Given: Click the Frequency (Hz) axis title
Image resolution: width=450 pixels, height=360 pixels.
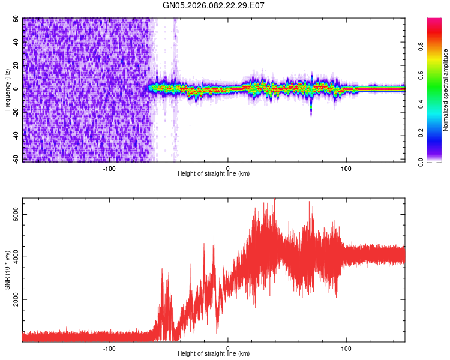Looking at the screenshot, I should [x=7, y=90].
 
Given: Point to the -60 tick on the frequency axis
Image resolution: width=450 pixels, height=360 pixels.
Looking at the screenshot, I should [x=15, y=160].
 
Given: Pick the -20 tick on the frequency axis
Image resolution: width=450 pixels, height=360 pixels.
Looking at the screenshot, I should [x=15, y=112].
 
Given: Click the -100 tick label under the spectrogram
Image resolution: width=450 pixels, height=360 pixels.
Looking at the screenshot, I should [x=109, y=168].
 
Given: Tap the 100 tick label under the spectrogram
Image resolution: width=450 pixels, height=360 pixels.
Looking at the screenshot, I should [x=346, y=168].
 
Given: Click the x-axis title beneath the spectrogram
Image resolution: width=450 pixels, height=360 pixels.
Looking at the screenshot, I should [x=214, y=174].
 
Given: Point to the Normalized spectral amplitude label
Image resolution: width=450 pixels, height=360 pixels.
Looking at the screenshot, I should [x=446, y=90].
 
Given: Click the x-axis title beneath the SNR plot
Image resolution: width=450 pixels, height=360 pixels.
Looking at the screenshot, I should [x=214, y=354].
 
